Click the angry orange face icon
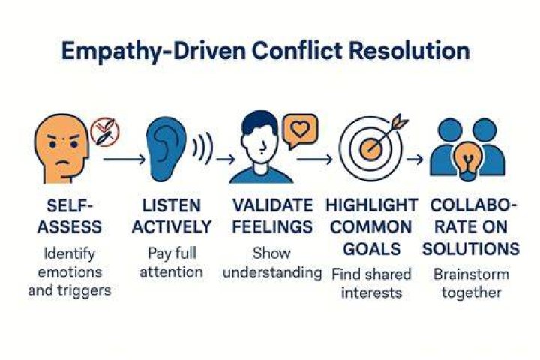(x=61, y=148)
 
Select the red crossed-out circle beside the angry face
(x=105, y=132)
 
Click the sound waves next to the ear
(x=202, y=148)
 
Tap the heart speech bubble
(x=300, y=131)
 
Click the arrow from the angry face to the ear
(x=124, y=160)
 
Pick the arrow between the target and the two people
(x=415, y=160)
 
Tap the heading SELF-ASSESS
(x=70, y=216)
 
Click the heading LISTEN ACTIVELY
(x=172, y=216)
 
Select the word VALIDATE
(x=273, y=205)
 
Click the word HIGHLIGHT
(x=371, y=205)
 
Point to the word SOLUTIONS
(x=471, y=249)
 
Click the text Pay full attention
(x=172, y=262)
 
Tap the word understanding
(x=272, y=272)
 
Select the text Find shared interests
(x=371, y=283)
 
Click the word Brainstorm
(x=471, y=274)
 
